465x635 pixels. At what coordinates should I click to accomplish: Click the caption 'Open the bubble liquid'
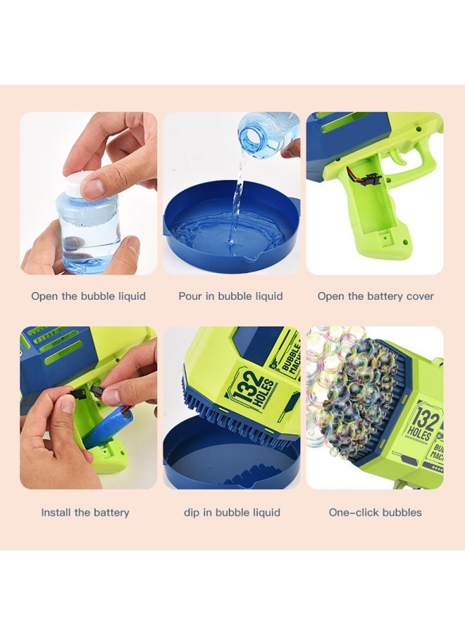88,296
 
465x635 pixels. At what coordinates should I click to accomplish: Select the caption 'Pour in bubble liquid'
230,296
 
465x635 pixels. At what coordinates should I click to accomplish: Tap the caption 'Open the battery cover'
375,296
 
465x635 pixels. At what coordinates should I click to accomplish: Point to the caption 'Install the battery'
85,512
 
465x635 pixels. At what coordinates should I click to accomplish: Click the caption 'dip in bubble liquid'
232,512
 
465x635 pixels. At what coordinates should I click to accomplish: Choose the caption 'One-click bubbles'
375,512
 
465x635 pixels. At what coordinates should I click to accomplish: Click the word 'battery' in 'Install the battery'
110,512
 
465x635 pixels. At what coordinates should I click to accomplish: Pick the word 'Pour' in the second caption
190,296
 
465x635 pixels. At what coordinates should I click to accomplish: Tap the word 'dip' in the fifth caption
192,513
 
